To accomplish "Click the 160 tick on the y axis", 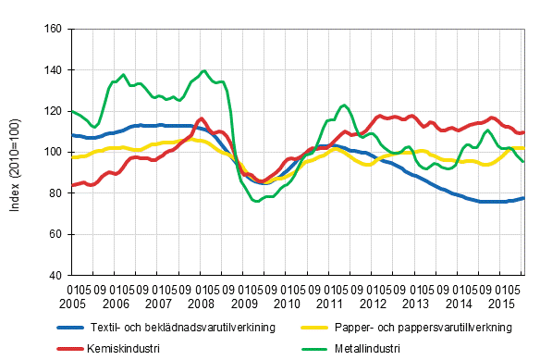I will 53,29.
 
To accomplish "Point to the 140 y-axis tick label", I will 53,70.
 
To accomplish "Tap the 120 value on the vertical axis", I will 53,111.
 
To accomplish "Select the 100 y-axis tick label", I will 53,152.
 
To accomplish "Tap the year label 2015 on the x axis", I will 499,304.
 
